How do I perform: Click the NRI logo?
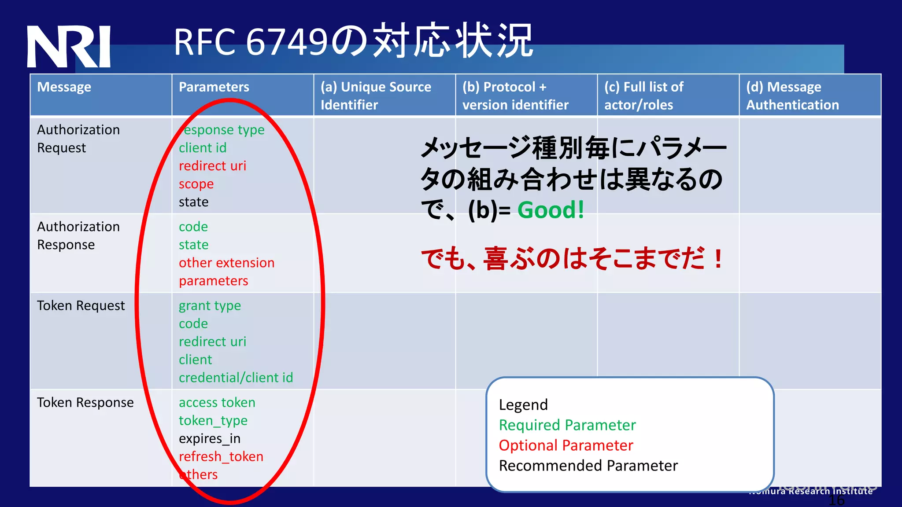(69, 47)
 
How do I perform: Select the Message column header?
(64, 87)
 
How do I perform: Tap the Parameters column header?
(214, 87)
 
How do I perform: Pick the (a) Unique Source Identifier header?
(376, 96)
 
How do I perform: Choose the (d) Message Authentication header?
(792, 96)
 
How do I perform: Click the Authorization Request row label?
(78, 139)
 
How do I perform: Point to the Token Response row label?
(85, 402)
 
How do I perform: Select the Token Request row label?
(81, 305)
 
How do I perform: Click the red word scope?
(196, 184)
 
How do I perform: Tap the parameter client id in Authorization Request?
(203, 148)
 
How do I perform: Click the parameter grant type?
(210, 306)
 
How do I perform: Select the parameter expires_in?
(210, 439)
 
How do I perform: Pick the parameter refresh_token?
(221, 456)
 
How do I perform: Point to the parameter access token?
(217, 403)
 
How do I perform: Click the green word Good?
(551, 210)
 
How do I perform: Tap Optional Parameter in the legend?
(566, 445)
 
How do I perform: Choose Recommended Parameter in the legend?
(588, 466)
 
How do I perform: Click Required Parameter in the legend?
(567, 425)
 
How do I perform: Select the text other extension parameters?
(226, 272)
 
